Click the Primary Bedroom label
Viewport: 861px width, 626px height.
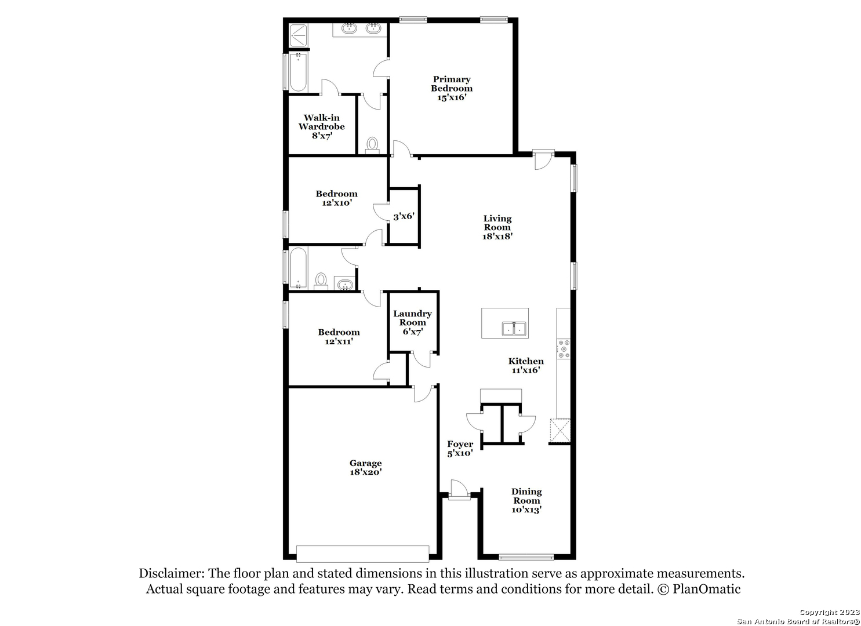point(452,88)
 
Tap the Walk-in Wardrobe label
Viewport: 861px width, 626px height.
point(322,127)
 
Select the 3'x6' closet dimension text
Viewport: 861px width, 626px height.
point(404,216)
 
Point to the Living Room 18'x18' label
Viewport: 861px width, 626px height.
point(497,227)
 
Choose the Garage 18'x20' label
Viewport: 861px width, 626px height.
point(365,468)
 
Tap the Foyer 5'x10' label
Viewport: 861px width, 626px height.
point(460,449)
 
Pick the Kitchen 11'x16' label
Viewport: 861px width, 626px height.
point(526,365)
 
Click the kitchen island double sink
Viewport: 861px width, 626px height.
point(514,329)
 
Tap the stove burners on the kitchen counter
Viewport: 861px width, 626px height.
point(564,349)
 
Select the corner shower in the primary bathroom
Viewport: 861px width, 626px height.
point(298,36)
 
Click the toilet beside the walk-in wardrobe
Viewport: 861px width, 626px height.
point(372,145)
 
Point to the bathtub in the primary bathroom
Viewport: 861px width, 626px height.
point(298,72)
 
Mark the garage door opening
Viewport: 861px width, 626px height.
point(363,554)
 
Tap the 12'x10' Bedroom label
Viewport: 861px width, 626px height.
point(337,198)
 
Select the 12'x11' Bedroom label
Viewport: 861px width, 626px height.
point(339,337)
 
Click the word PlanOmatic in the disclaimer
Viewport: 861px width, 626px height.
point(706,589)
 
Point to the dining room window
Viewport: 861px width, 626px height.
point(526,557)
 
